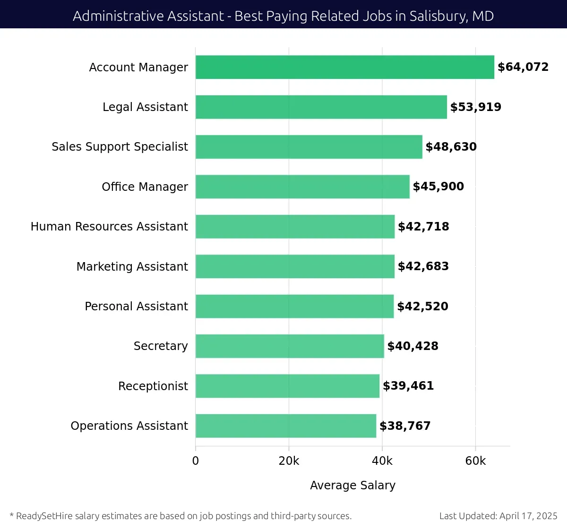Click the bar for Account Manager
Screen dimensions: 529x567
click(x=344, y=67)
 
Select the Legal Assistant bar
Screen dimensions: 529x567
click(x=321, y=107)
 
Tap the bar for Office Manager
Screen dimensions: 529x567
click(x=302, y=187)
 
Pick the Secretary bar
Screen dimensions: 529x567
click(x=290, y=346)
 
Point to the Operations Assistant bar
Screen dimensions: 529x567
click(x=286, y=426)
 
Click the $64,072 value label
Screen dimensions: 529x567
click(x=523, y=67)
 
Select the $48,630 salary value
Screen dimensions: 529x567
click(x=451, y=147)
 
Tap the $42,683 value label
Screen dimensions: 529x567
click(x=423, y=266)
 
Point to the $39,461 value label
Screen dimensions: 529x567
click(x=408, y=386)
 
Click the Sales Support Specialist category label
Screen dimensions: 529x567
click(x=120, y=147)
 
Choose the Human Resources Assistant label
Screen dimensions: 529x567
click(x=109, y=227)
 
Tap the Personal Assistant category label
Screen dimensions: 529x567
click(x=136, y=307)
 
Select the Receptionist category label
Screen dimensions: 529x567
click(x=153, y=386)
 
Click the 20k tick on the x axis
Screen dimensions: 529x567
click(x=289, y=461)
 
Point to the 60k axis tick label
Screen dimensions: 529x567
click(x=475, y=461)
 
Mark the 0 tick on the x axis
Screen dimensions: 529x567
click(x=196, y=461)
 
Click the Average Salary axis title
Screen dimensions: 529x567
click(x=352, y=486)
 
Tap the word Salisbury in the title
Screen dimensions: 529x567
click(x=438, y=16)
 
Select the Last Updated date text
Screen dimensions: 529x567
click(x=498, y=516)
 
